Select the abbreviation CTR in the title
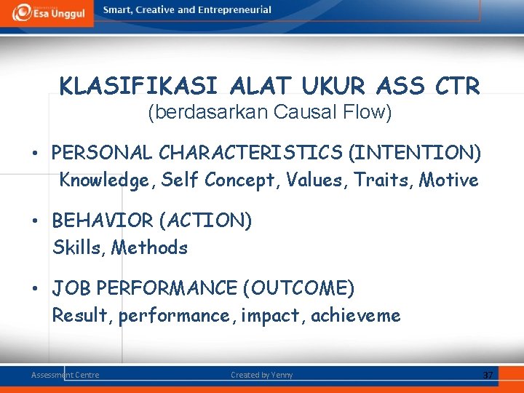pos(456,87)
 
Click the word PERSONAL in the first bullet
pos(103,153)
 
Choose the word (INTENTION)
pos(415,153)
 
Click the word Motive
pos(449,180)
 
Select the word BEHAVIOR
pos(104,221)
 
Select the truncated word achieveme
pos(356,316)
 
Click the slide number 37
pos(488,375)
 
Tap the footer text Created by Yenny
pos(261,375)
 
